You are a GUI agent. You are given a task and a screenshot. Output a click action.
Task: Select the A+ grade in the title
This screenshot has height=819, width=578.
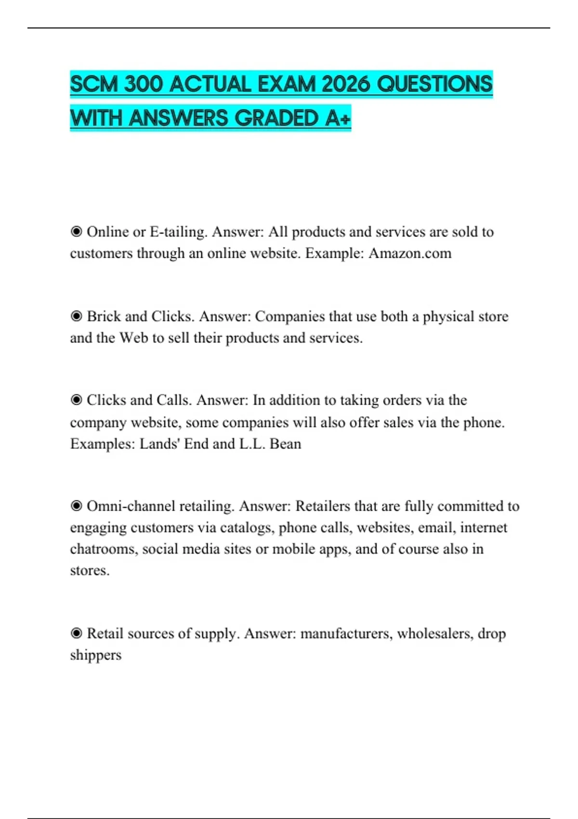pos(338,119)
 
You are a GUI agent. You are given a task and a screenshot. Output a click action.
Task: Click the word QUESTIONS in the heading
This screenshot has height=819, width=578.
pos(434,85)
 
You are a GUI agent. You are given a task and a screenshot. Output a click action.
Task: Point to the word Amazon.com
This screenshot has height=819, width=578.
pos(410,253)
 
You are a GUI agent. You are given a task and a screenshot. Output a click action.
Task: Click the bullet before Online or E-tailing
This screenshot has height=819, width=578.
pos(76,232)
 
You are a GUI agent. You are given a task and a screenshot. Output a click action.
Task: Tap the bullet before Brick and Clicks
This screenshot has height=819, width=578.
pos(76,316)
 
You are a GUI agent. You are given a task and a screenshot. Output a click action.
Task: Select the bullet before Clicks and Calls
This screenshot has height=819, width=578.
pos(76,400)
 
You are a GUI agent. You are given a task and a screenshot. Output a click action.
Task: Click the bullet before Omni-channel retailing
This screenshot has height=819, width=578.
pos(76,506)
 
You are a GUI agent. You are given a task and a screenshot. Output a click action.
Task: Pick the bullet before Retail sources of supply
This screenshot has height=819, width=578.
pos(76,633)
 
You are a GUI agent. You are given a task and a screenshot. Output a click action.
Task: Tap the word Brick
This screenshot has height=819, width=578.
pos(105,317)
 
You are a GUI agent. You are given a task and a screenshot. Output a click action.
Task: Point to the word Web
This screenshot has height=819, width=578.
pos(133,338)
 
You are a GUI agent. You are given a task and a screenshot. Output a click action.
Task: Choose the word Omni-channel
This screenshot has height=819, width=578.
pos(131,506)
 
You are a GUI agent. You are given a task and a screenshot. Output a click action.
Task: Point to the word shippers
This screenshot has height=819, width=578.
pos(95,655)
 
